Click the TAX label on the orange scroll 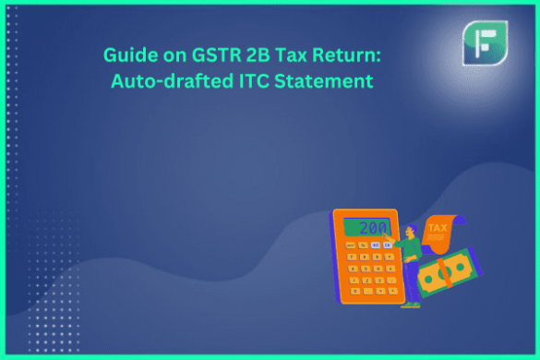coord(436,227)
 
